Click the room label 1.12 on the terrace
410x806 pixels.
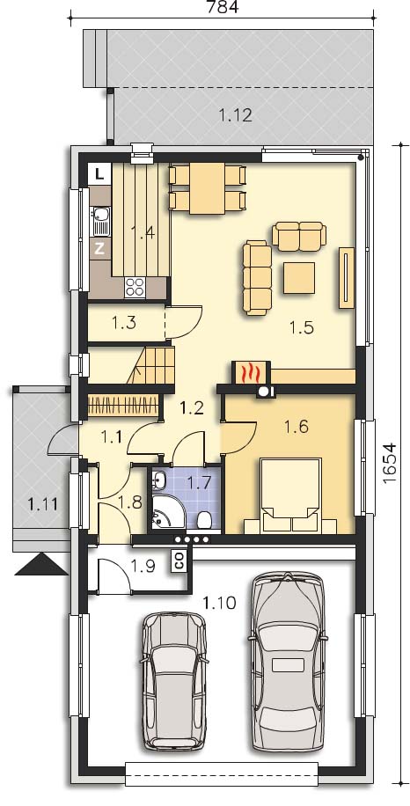236,115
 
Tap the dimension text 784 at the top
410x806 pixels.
222,7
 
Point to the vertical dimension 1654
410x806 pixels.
390,462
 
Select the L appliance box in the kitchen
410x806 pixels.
100,173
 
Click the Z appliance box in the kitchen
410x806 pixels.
99,249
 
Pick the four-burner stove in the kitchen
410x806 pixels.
135,287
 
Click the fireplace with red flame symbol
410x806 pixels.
250,374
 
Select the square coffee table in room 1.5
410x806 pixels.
299,277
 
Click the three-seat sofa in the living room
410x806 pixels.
257,277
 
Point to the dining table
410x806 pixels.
207,188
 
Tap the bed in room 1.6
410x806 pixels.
290,495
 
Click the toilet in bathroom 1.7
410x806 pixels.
204,520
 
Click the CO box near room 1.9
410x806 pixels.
179,561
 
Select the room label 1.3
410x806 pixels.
123,323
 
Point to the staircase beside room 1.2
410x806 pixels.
150,364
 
